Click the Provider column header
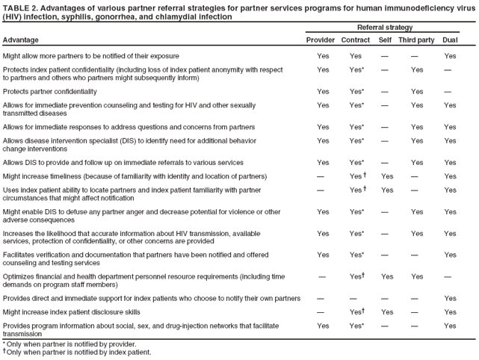[x=321, y=40]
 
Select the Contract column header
[x=356, y=40]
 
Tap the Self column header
[x=386, y=40]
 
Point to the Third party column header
[x=416, y=40]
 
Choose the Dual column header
[x=450, y=40]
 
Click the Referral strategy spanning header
[x=385, y=27]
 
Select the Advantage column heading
[x=20, y=40]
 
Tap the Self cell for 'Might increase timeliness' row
[x=387, y=176]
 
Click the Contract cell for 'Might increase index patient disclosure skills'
[x=356, y=312]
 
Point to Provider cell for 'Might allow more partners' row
[x=323, y=56]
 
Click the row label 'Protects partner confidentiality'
[x=55, y=92]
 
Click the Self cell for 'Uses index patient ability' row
[x=387, y=190]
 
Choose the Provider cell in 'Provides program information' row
[x=323, y=326]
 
